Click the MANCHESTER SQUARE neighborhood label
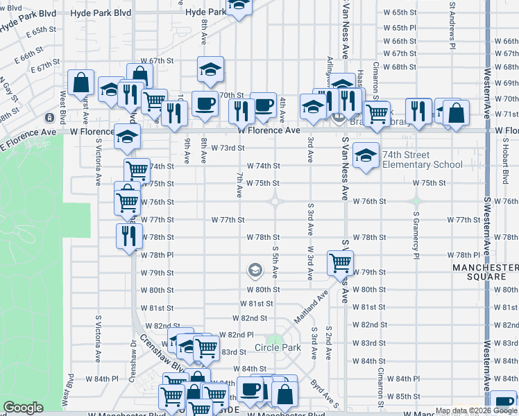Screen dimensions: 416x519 [485, 272]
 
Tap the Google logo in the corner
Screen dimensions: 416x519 [23, 408]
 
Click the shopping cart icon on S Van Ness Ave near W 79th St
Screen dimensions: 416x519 [340, 262]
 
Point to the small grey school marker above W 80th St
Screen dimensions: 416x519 [255, 269]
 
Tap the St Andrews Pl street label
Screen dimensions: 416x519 [452, 24]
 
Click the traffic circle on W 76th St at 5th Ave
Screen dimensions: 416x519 [275, 201]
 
